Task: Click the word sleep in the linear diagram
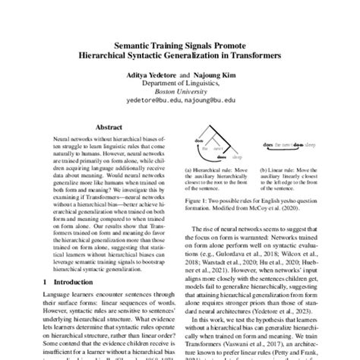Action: [314, 144]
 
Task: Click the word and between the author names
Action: [180, 76]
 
